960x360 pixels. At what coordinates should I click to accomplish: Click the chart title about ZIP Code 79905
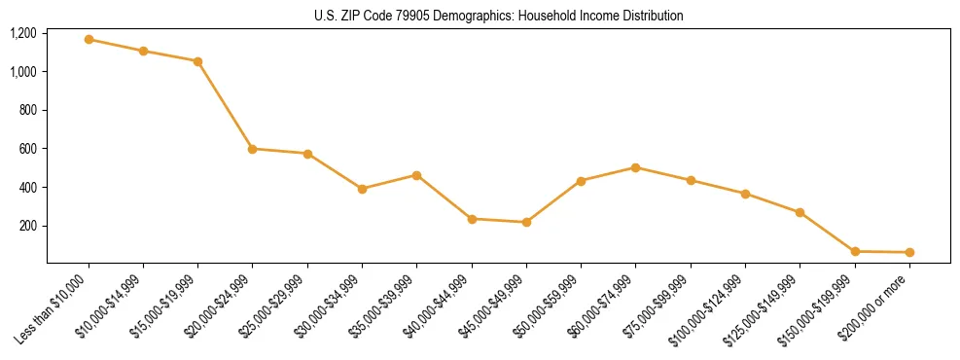[499, 16]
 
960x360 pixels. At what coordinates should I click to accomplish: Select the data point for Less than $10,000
[89, 40]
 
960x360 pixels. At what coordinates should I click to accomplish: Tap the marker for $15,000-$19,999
[198, 61]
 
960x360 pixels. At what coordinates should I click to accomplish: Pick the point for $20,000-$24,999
[253, 149]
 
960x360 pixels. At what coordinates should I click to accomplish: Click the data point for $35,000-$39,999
[416, 175]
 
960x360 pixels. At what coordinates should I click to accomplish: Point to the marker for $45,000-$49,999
[526, 222]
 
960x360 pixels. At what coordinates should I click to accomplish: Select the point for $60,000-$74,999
[635, 167]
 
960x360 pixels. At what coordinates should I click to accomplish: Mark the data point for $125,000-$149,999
[800, 212]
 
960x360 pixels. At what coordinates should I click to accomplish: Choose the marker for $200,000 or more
[909, 252]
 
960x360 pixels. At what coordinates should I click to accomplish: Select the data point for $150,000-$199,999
[855, 251]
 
